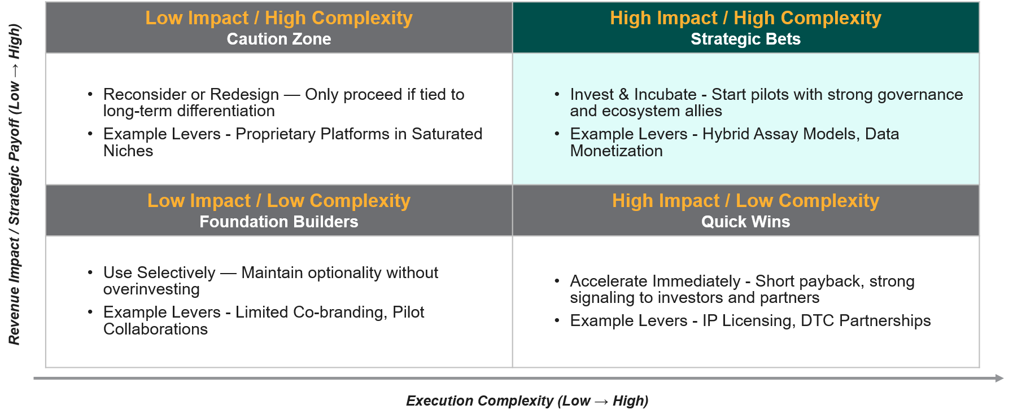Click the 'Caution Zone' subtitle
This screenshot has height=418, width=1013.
[x=279, y=39]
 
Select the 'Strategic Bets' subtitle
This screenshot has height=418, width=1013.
[x=745, y=39]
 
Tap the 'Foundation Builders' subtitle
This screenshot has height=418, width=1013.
[x=279, y=222]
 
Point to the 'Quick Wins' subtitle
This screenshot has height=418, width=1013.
[x=745, y=222]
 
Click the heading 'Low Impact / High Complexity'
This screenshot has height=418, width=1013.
[x=279, y=18]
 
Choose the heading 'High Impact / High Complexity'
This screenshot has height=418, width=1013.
[x=745, y=18]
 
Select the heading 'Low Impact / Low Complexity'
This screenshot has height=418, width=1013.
[x=279, y=201]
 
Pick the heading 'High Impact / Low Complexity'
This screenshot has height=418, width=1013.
[x=745, y=201]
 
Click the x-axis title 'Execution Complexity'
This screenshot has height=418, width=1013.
[x=479, y=401]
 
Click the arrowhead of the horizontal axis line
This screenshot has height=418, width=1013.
[x=999, y=378]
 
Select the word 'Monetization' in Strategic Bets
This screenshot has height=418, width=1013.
[x=616, y=151]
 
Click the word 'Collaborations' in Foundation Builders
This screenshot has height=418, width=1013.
[x=155, y=329]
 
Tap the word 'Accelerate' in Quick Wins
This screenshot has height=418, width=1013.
[x=608, y=281]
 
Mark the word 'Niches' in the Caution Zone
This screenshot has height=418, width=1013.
[x=128, y=151]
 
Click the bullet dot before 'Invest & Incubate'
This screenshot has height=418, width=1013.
[x=557, y=94]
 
